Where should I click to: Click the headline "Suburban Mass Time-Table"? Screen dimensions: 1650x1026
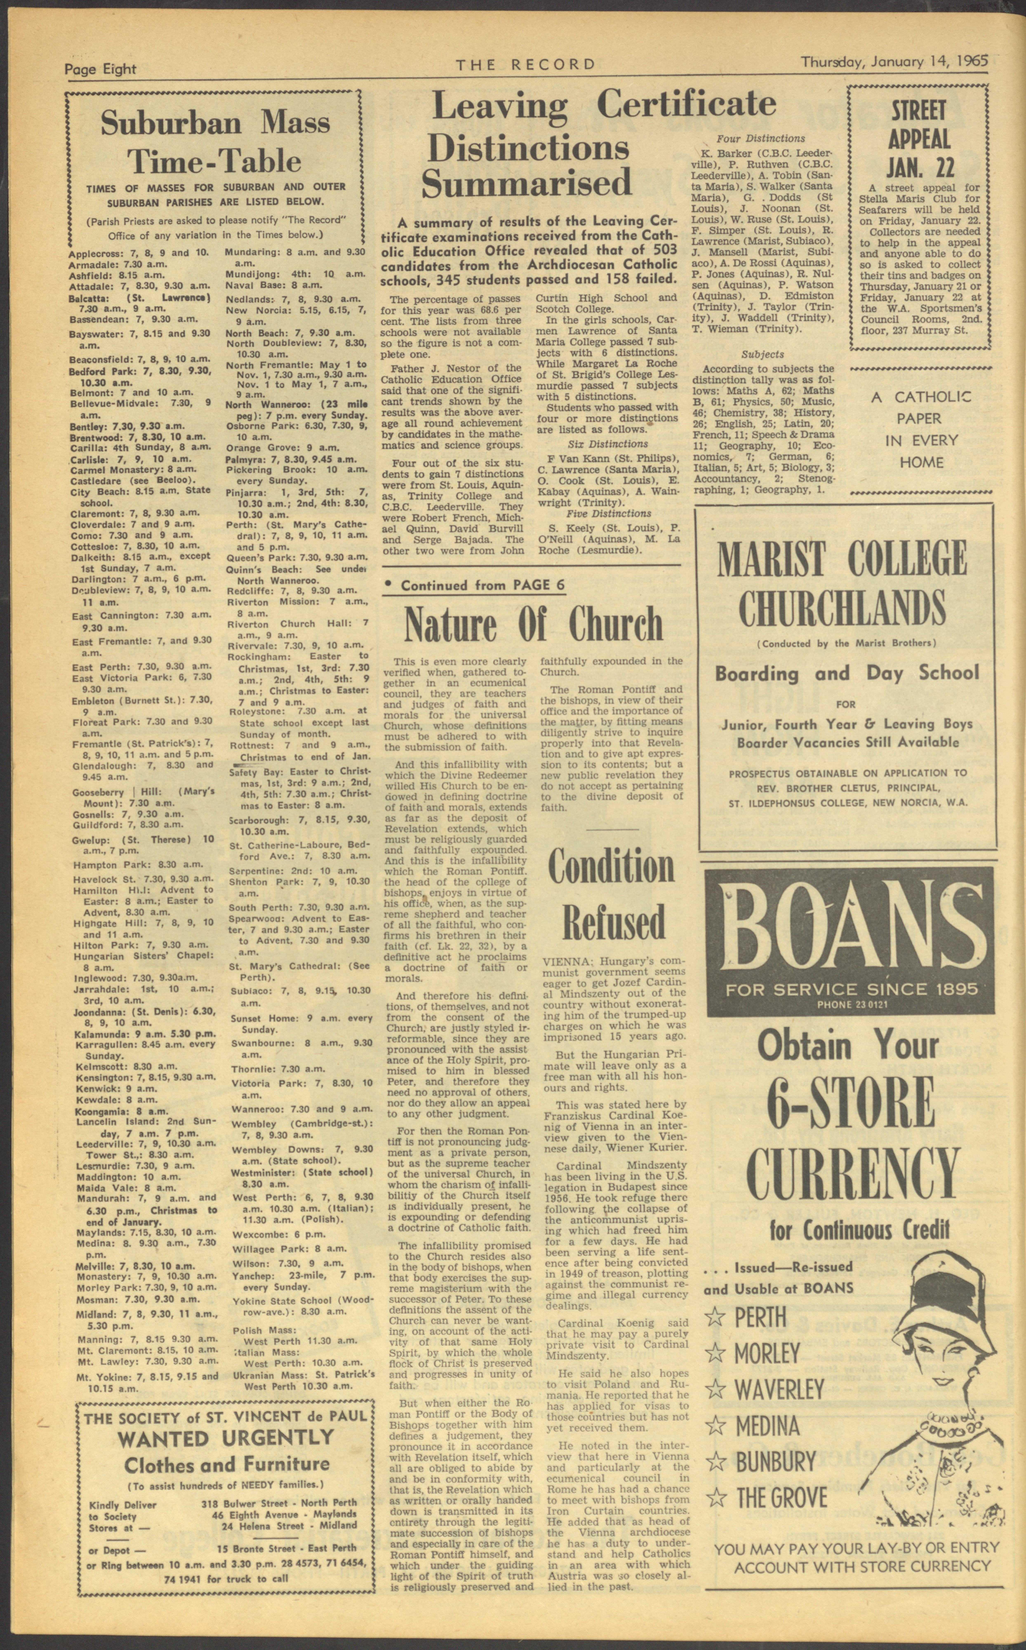tap(215, 141)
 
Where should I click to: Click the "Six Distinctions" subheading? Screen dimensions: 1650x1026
tap(607, 444)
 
